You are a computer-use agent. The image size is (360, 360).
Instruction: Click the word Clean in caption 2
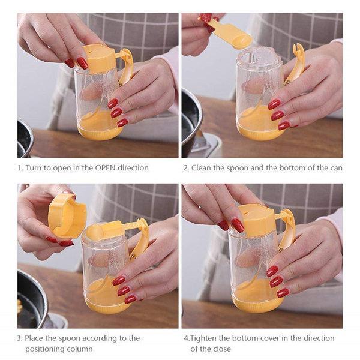(201, 168)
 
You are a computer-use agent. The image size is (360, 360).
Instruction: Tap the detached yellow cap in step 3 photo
(67, 215)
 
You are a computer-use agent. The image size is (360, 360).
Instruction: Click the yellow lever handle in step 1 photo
(126, 65)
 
